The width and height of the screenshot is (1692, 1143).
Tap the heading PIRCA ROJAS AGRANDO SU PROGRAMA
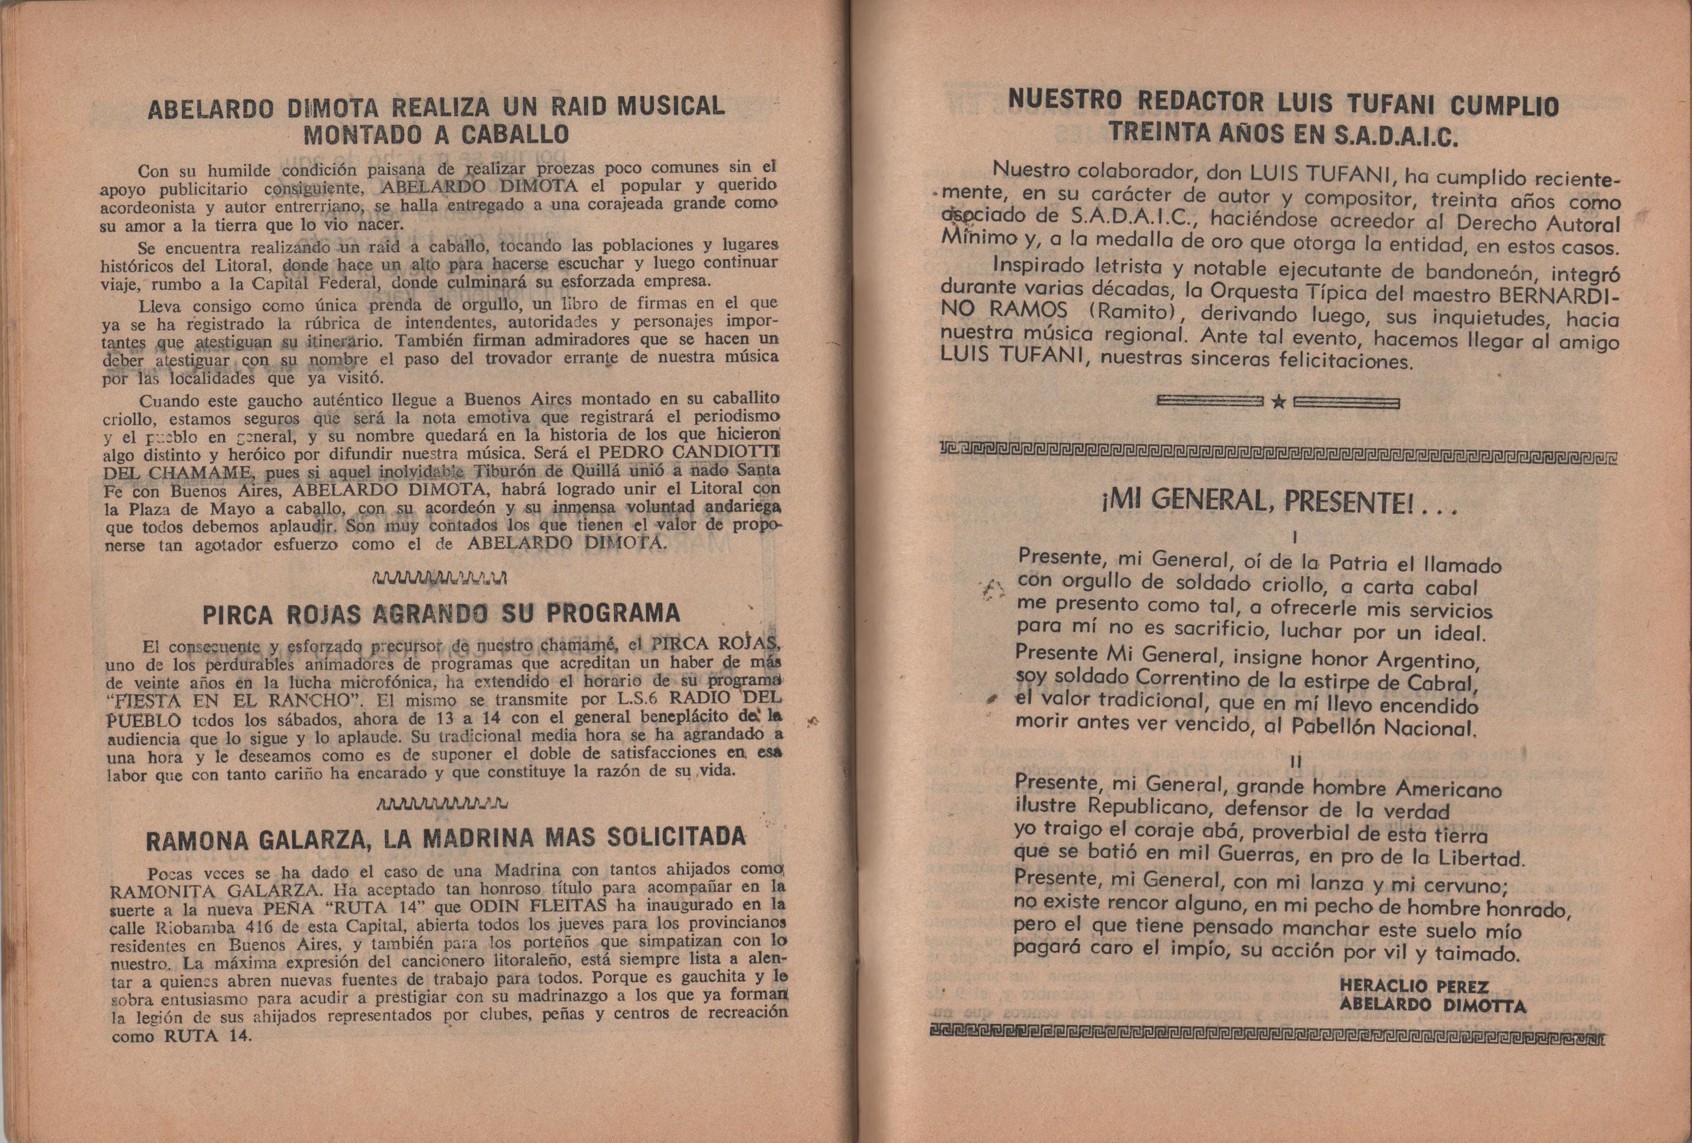click(x=441, y=614)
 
